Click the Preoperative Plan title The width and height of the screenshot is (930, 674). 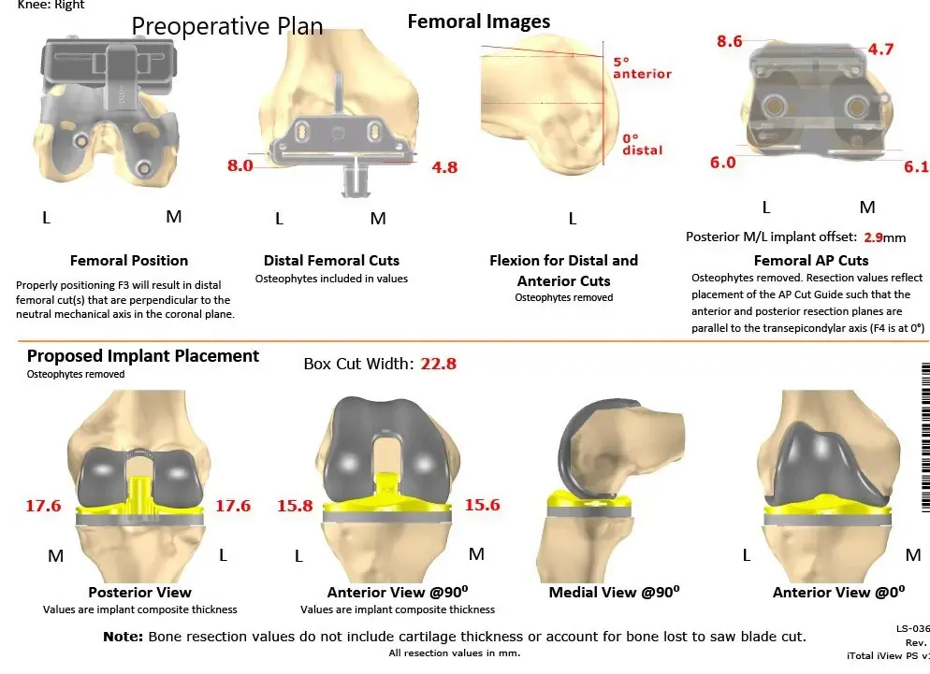click(227, 26)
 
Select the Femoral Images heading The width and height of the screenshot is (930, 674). click(479, 21)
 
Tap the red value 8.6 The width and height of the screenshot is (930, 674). click(729, 41)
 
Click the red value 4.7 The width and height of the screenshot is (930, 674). click(880, 50)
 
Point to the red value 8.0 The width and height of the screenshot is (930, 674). click(240, 165)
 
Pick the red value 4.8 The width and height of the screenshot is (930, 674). click(444, 167)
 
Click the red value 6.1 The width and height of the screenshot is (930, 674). click(916, 166)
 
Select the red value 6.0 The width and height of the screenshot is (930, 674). click(722, 162)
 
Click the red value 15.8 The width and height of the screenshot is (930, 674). click(295, 505)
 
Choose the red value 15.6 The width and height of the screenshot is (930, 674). click(482, 505)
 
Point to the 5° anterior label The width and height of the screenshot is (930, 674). click(641, 67)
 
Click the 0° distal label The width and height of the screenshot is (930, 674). click(642, 144)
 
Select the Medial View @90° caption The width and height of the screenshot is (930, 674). click(615, 592)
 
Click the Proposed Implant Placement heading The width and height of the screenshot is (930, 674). click(143, 356)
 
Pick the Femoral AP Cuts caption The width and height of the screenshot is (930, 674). click(811, 261)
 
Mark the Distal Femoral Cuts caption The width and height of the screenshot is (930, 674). click(331, 261)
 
